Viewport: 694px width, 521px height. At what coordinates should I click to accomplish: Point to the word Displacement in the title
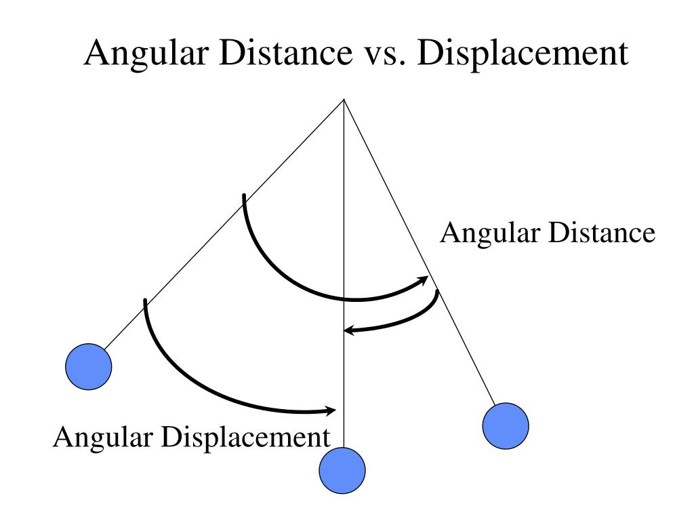click(x=522, y=54)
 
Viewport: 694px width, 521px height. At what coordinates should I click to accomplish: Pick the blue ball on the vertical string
click(x=342, y=469)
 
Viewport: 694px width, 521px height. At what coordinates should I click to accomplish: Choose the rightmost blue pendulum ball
click(x=506, y=425)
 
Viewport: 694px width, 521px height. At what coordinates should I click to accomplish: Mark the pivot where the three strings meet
click(x=344, y=100)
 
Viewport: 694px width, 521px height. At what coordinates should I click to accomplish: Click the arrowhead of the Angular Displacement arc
click(x=332, y=410)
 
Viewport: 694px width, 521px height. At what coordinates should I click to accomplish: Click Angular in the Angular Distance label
click(x=480, y=233)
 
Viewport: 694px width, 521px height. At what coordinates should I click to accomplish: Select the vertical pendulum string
click(x=344, y=204)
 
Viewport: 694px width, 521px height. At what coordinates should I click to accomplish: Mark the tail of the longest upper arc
click(x=243, y=197)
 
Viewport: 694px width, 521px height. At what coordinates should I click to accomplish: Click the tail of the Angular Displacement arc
click(x=145, y=301)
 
